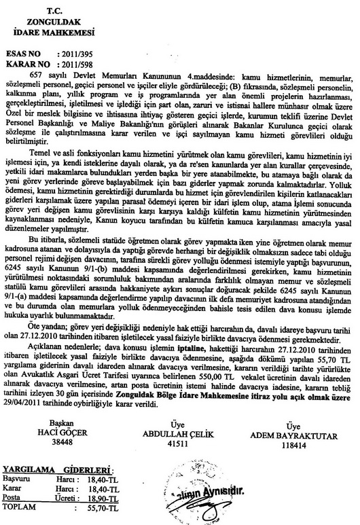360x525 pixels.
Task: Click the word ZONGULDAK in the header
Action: pos(54,20)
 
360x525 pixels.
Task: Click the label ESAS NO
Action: pos(27,51)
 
